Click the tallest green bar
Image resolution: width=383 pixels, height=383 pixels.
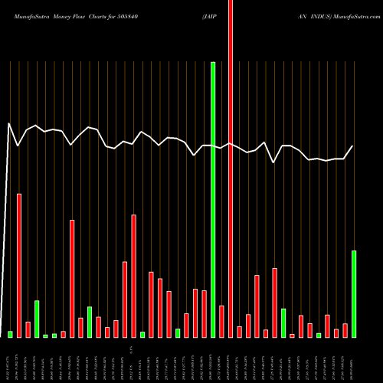pos(213,199)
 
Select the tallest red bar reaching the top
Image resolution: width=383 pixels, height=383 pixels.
pos(231,169)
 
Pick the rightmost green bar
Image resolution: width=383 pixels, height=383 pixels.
pos(354,293)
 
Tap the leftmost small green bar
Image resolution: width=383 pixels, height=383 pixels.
pos(11,334)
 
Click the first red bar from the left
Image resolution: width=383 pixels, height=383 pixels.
pos(19,265)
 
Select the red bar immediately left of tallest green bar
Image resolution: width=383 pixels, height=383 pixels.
pos(205,313)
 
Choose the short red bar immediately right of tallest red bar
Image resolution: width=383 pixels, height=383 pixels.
pos(240,332)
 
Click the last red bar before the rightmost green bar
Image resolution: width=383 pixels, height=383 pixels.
pos(345,330)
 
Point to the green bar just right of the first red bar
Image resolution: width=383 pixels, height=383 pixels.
pos(37,319)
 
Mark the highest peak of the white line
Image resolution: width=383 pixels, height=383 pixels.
pos(9,123)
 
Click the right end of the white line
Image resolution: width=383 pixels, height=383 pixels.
pos(353,146)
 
